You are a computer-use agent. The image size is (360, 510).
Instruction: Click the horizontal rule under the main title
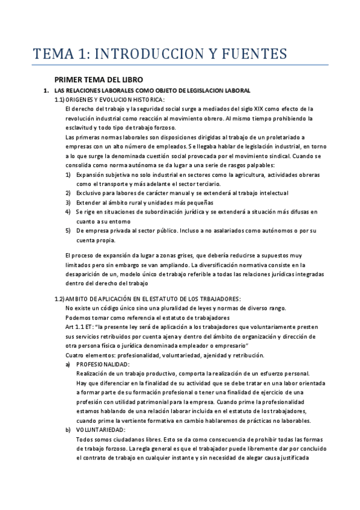pos(180,64)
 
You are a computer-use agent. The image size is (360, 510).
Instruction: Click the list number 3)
pos(69,203)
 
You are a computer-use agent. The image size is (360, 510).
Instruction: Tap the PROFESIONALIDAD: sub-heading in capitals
pos(103,364)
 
